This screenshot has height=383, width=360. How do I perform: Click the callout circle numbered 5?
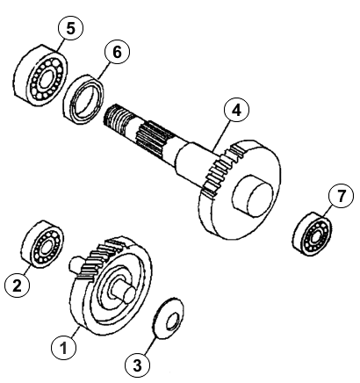70,28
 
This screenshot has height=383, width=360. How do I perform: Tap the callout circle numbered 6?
117,52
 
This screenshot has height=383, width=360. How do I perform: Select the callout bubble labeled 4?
236,111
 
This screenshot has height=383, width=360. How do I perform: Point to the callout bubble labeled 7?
341,196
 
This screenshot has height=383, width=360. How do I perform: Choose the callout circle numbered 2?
18,285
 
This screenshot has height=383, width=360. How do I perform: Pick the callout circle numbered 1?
63,348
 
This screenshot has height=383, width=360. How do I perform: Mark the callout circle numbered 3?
137,365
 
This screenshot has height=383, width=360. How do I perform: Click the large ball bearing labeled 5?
40,75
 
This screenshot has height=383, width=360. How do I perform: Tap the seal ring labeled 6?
83,99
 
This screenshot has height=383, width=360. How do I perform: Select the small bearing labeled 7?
312,234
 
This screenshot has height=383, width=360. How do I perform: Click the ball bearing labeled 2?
42,244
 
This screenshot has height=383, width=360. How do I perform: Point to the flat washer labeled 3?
169,319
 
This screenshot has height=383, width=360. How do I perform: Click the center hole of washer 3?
171,322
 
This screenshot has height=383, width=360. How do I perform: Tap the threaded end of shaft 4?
116,120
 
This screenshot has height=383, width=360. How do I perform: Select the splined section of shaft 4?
152,138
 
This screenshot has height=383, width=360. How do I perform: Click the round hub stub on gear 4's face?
252,196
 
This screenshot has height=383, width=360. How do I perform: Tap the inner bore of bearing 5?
45,79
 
